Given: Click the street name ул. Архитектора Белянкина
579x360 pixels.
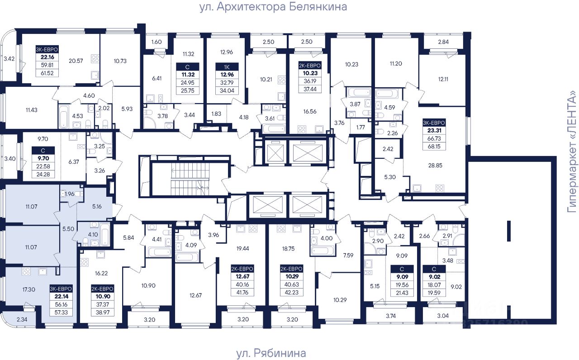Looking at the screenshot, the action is pyautogui.click(x=273, y=7).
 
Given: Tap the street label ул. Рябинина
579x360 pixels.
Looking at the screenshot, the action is pyautogui.click(x=271, y=353).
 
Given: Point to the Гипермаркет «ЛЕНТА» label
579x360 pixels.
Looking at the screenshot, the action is pyautogui.click(x=572, y=152).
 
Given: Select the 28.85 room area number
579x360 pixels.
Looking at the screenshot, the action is pyautogui.click(x=435, y=166).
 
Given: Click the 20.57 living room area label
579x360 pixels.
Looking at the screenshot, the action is pyautogui.click(x=76, y=61).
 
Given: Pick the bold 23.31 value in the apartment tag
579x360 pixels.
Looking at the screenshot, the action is pyautogui.click(x=434, y=131).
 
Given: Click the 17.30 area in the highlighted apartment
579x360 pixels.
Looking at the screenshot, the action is pyautogui.click(x=28, y=289).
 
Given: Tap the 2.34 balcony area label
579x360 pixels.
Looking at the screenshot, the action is pyautogui.click(x=22, y=320).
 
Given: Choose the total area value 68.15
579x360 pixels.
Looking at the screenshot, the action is pyautogui.click(x=434, y=147).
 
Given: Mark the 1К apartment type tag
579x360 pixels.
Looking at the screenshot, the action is pyautogui.click(x=227, y=67).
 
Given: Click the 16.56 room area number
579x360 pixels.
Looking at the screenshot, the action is pyautogui.click(x=310, y=112).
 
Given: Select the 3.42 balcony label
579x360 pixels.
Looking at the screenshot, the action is pyautogui.click(x=9, y=59).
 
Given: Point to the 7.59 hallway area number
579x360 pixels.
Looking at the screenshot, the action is pyautogui.click(x=348, y=256).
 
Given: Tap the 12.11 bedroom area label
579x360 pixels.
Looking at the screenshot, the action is pyautogui.click(x=443, y=79).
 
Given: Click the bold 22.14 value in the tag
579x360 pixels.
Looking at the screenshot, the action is pyautogui.click(x=62, y=297).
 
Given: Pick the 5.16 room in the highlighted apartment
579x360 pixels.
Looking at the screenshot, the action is pyautogui.click(x=97, y=207).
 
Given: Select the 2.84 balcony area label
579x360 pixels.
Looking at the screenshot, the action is pyautogui.click(x=443, y=42).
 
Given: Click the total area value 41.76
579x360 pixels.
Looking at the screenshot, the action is pyautogui.click(x=242, y=293).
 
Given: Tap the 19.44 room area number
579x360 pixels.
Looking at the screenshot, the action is pyautogui.click(x=242, y=249).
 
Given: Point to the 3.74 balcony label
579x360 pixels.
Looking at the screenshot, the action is pyautogui.click(x=390, y=316).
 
